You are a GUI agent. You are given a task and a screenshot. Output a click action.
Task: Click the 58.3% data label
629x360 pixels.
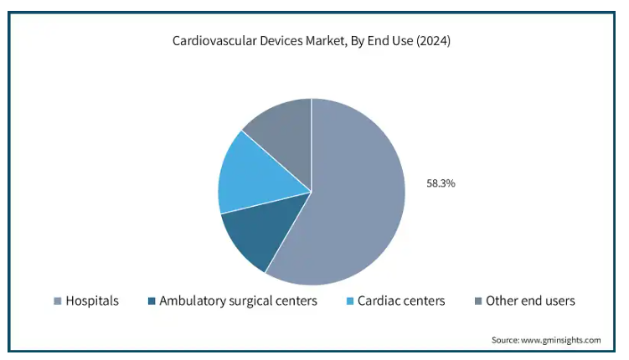441,183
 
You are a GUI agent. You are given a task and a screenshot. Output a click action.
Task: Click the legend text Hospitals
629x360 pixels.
92,301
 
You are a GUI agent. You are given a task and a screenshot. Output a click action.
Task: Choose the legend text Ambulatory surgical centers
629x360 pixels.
238,301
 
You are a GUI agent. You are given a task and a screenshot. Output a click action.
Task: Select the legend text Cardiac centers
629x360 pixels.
401,301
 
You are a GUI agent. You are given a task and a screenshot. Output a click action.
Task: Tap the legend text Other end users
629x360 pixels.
530,301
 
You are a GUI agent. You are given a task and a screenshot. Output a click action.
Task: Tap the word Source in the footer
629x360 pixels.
507,340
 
